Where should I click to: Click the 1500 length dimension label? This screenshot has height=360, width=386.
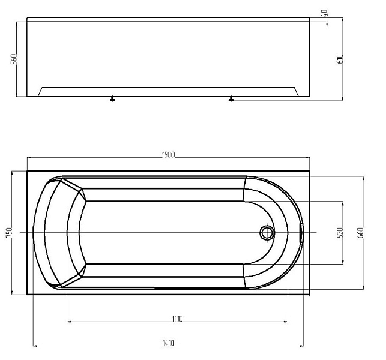[x=168, y=155]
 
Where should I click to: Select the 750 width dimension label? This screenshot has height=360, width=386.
[x=8, y=233]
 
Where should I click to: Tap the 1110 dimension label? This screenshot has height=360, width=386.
[x=177, y=319]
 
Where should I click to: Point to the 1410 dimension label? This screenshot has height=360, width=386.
[x=169, y=343]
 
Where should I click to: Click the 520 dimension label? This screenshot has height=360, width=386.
[x=340, y=233]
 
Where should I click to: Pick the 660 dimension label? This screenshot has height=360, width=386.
[x=360, y=233]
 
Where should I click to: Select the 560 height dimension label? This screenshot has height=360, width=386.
[x=14, y=59]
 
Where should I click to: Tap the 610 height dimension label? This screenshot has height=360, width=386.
[x=340, y=59]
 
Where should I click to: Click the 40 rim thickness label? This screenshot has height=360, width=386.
[x=324, y=13]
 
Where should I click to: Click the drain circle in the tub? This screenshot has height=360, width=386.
[x=267, y=233]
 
